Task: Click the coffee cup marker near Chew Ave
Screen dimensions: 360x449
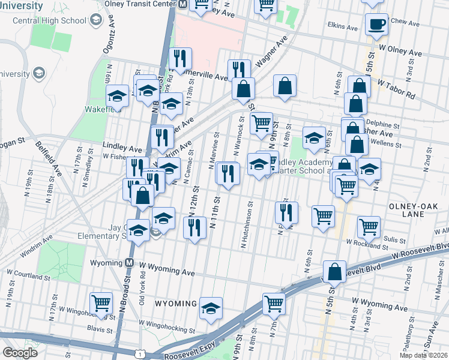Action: coord(376,25)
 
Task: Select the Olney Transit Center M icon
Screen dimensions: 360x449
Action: coord(182,4)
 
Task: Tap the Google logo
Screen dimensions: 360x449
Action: coord(20,352)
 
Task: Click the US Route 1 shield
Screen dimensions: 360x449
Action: coord(140,355)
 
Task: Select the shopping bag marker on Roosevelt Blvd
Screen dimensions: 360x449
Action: coord(334,271)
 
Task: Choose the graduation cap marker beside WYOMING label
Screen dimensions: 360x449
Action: coord(211,308)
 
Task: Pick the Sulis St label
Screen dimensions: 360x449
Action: coord(391,238)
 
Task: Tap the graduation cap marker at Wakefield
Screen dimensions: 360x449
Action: coord(117,96)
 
